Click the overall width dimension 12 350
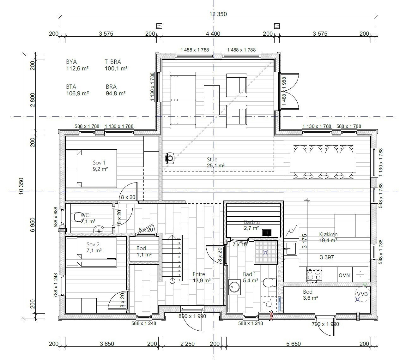[218, 14]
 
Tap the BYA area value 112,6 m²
[77, 68]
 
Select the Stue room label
[212, 159]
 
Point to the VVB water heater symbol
[362, 294]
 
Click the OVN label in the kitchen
[344, 275]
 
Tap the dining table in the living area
[323, 162]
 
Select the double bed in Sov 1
[92, 169]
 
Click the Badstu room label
[251, 222]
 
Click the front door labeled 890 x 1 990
[192, 316]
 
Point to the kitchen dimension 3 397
[326, 257]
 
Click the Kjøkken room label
[328, 234]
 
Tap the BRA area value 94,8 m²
[116, 93]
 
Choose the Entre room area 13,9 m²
[202, 280]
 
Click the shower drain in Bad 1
[265, 252]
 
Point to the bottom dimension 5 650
[293, 344]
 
